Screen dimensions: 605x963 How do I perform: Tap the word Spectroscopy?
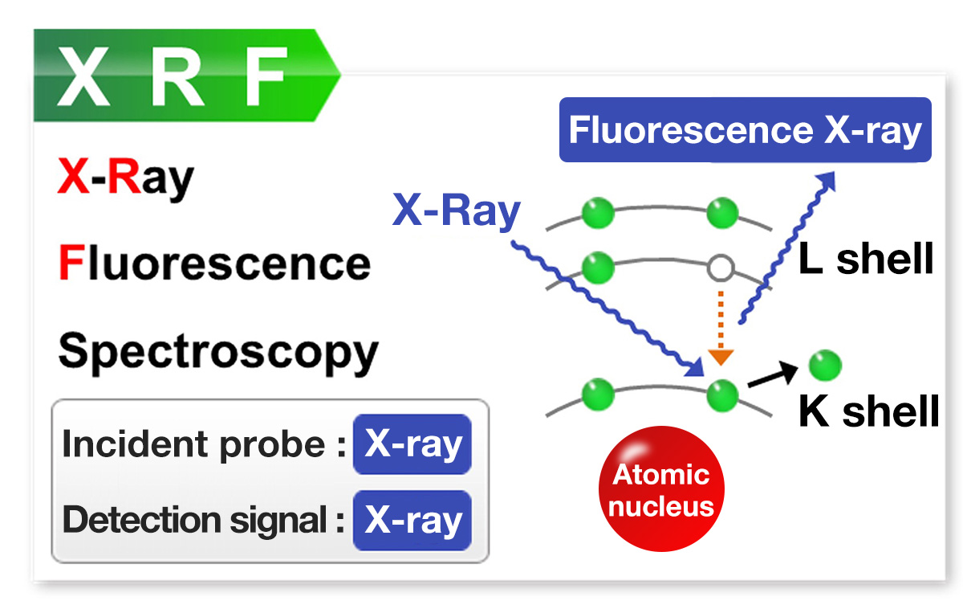coord(217,352)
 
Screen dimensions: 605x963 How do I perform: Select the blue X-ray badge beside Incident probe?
coord(412,444)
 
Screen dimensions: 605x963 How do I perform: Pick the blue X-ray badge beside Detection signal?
coord(412,520)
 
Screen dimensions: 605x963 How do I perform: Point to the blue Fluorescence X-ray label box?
coord(745,130)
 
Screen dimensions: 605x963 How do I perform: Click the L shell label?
coord(866,260)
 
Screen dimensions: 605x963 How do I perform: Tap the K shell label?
coord(868,412)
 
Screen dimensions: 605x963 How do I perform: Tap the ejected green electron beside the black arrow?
coord(824,366)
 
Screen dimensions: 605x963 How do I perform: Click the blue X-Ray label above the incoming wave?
coord(456,212)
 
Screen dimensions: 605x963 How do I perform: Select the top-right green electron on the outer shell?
coord(721,214)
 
